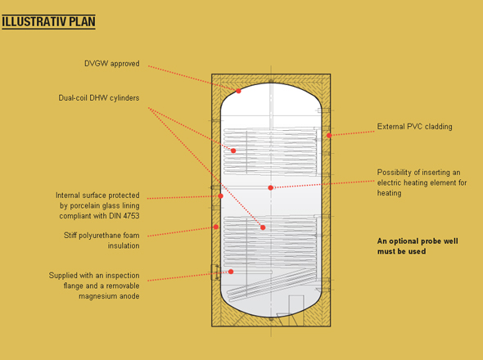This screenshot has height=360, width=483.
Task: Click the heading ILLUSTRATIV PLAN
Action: [x=48, y=22]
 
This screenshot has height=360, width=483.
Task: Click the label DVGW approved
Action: [x=112, y=64]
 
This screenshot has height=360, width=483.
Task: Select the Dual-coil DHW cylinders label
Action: [x=99, y=98]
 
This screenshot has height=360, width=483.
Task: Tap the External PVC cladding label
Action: [x=414, y=127]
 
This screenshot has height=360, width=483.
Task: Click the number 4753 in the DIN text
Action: [x=132, y=216]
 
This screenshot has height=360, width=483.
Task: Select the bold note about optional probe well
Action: [x=418, y=246]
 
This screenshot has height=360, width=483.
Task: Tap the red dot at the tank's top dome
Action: [x=238, y=91]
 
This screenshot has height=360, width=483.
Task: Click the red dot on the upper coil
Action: [x=233, y=151]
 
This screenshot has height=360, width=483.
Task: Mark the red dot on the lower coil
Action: [x=263, y=227]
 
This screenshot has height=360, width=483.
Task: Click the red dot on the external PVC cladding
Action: [x=329, y=135]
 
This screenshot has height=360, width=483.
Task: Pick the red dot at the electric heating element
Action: [x=270, y=187]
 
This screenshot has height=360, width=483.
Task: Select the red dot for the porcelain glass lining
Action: [x=220, y=196]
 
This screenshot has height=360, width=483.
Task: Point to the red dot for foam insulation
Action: [x=216, y=227]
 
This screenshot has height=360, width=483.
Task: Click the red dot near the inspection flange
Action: [x=231, y=272]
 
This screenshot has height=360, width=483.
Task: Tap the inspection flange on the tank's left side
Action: [x=215, y=272]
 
